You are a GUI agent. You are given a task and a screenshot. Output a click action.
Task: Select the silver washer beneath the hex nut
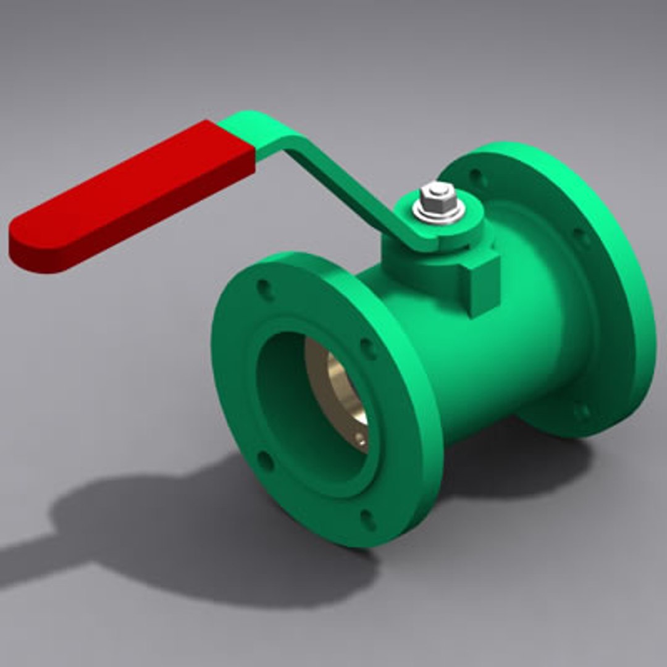[438, 213]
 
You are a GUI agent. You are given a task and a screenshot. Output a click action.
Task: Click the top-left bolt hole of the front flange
[266, 290]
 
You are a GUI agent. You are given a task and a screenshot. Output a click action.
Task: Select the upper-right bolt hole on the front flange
[369, 349]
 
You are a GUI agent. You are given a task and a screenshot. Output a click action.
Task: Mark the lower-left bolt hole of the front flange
[265, 460]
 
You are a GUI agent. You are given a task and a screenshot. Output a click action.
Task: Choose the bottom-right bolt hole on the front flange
[368, 519]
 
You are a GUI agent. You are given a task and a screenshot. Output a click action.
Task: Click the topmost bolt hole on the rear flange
[476, 177]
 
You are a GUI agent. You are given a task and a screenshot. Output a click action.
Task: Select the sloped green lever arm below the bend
[346, 185]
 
